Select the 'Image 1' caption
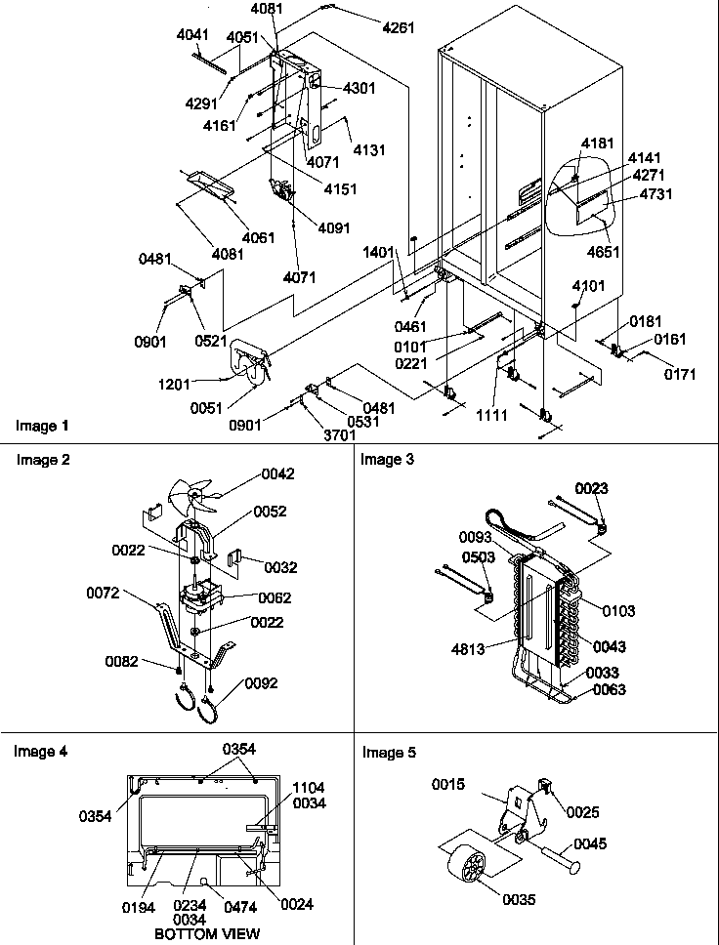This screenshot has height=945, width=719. click(42, 427)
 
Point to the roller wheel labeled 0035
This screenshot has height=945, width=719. click(472, 868)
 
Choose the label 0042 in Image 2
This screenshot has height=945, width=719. click(277, 474)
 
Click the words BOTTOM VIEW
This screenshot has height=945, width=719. click(207, 934)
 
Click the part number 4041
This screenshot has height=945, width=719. click(192, 34)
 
